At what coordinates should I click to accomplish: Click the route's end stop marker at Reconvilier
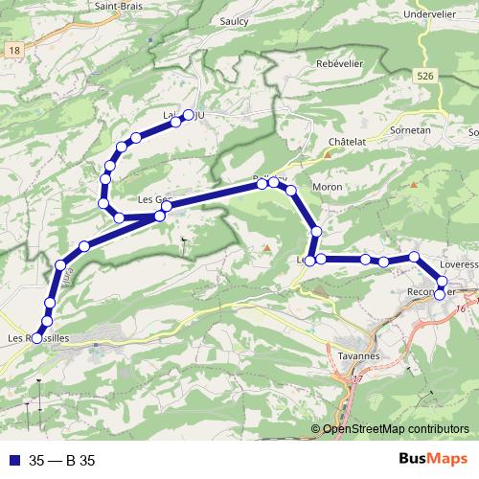[x=440, y=294]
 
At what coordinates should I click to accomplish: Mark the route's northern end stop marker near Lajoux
[x=189, y=115]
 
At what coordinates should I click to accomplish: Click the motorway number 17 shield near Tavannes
[x=358, y=381]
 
